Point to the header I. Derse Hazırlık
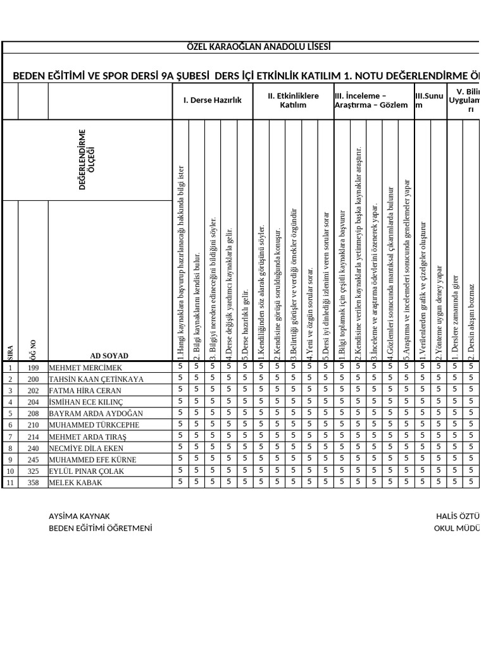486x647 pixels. tap(213, 100)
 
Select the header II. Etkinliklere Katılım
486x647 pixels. tap(293, 100)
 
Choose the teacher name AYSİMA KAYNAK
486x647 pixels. tap(79, 516)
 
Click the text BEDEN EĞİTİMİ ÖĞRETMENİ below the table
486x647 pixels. tap(101, 528)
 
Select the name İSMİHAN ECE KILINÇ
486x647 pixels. tap(85, 402)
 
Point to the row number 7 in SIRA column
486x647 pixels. tap(10, 437)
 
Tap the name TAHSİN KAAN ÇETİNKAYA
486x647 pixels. tap(96, 379)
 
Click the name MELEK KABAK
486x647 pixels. tap(75, 483)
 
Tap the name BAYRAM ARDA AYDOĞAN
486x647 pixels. tap(96, 414)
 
